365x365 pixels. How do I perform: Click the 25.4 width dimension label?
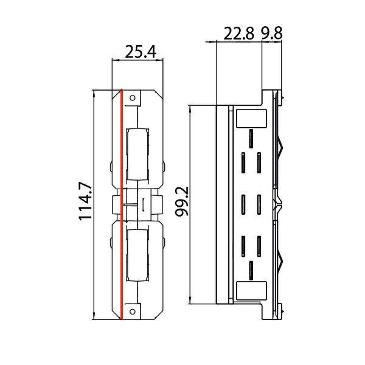[x=141, y=52]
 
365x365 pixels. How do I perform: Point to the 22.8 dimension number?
[x=239, y=34]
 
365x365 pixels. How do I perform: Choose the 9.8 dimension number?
[x=271, y=34]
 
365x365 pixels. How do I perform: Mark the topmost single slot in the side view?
[x=251, y=137]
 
